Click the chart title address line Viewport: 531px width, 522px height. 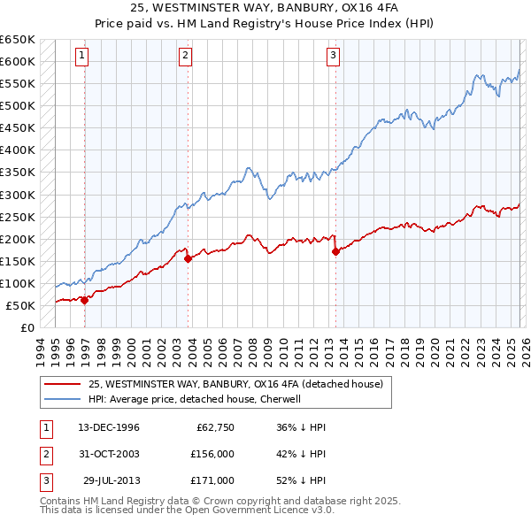(x=265, y=8)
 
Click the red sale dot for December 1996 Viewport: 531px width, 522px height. (x=84, y=300)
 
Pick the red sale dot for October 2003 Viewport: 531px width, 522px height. (x=189, y=258)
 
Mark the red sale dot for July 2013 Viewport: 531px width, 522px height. (x=336, y=251)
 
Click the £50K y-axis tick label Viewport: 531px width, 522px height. (x=20, y=305)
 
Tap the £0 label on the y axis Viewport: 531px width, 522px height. (x=27, y=327)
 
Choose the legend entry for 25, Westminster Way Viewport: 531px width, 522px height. (x=235, y=384)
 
